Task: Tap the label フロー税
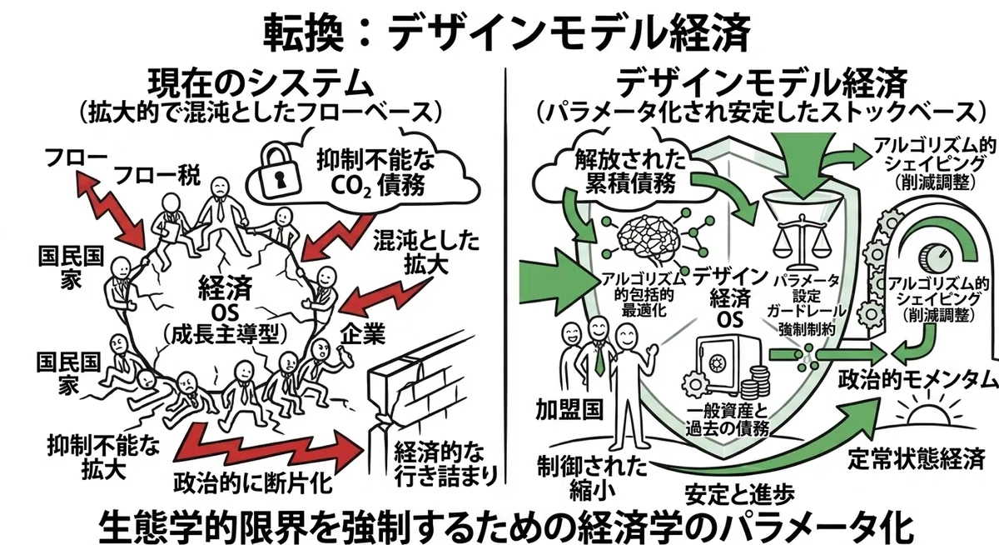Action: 157,175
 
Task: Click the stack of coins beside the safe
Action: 756,383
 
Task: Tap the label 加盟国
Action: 569,410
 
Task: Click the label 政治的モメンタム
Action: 917,380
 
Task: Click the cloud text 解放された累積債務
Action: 630,171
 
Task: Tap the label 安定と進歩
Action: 740,493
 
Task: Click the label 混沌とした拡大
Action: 426,252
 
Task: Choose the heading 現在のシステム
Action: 261,85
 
